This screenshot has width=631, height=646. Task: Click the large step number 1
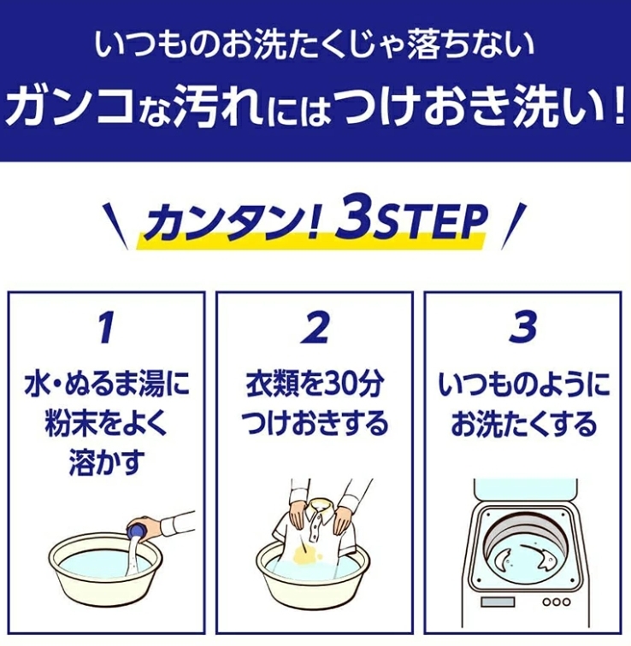[x=106, y=327]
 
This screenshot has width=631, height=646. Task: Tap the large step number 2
[x=315, y=327]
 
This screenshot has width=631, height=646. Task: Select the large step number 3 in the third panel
[x=523, y=327]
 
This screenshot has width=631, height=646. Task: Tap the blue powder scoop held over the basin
[x=138, y=531]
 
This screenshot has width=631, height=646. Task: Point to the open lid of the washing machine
[x=526, y=492]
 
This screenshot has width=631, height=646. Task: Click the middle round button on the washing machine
[x=557, y=602]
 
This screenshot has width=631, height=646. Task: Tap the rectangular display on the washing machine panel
[x=498, y=602]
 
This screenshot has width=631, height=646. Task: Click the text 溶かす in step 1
[x=106, y=462]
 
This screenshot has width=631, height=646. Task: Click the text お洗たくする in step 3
[x=523, y=425]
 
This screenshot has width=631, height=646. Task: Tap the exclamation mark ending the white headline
[x=617, y=108]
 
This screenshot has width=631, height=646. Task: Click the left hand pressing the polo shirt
[x=298, y=514]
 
